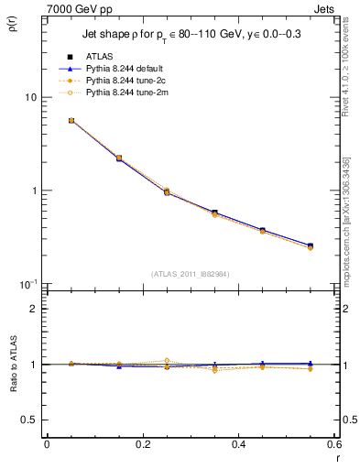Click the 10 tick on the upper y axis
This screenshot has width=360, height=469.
pyautogui.click(x=31, y=97)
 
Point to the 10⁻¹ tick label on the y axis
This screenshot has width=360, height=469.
pyautogui.click(x=28, y=283)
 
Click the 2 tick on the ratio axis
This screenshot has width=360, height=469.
pyautogui.click(x=34, y=309)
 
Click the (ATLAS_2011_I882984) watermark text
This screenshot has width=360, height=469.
pyautogui.click(x=190, y=273)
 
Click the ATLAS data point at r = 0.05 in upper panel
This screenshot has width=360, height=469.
pyautogui.click(x=71, y=120)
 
